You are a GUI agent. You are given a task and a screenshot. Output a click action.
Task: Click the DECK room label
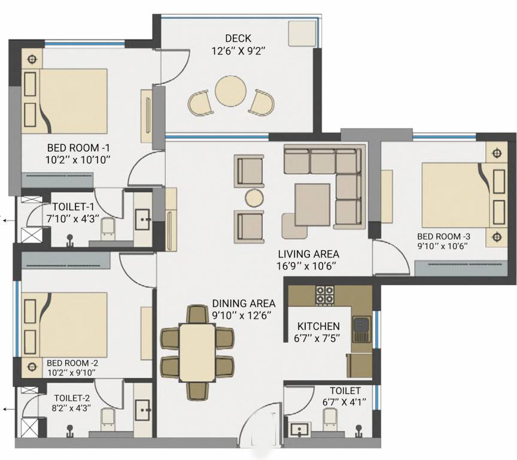(x=238, y=39)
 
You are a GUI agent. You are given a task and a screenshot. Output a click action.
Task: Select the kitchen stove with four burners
(x=325, y=294)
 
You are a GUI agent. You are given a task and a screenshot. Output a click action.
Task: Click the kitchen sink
(x=361, y=326)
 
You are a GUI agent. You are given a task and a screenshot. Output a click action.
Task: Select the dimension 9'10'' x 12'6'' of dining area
(x=243, y=315)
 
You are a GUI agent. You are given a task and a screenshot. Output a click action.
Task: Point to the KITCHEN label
(x=318, y=326)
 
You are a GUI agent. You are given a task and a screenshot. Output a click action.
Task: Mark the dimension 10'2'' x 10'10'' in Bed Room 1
(x=80, y=159)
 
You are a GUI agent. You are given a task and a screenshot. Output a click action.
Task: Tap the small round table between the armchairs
(x=254, y=198)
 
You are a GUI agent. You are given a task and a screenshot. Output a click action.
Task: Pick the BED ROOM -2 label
(x=72, y=363)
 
